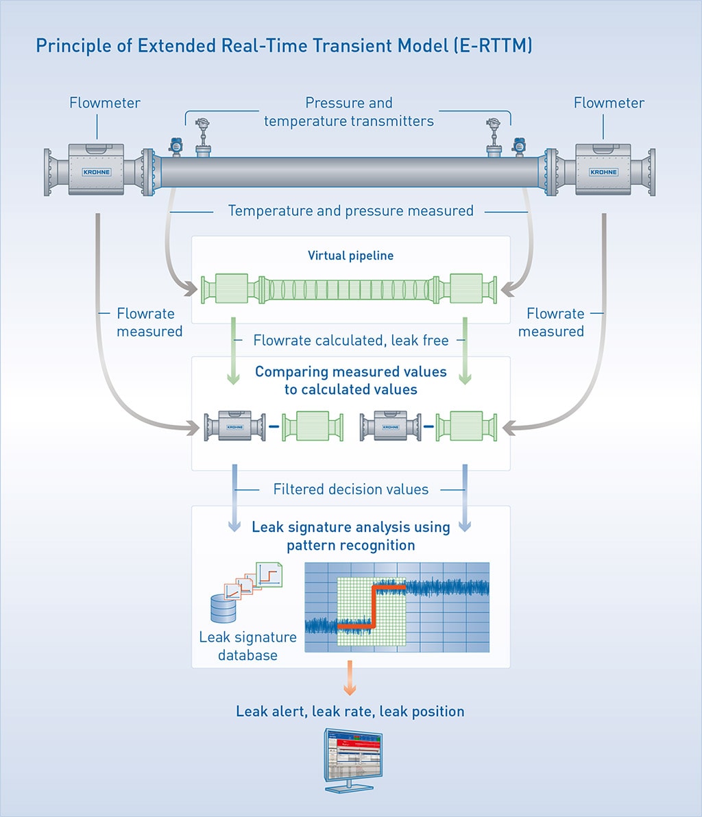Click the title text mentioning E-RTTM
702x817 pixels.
point(284,46)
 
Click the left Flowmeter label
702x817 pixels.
point(105,103)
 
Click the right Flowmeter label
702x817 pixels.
point(609,103)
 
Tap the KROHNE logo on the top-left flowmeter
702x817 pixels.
point(96,172)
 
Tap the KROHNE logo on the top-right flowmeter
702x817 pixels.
point(603,172)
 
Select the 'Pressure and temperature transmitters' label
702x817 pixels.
point(349,112)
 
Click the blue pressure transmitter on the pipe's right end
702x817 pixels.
point(518,145)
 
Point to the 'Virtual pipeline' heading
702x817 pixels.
point(350,256)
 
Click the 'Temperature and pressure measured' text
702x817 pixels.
point(350,210)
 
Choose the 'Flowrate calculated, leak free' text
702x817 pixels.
point(350,340)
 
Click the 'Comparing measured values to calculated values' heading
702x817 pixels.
point(350,380)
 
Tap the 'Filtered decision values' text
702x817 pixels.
point(350,489)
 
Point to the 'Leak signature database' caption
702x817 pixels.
point(247,646)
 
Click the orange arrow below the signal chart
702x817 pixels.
point(350,678)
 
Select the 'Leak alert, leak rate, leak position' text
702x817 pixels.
point(350,711)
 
